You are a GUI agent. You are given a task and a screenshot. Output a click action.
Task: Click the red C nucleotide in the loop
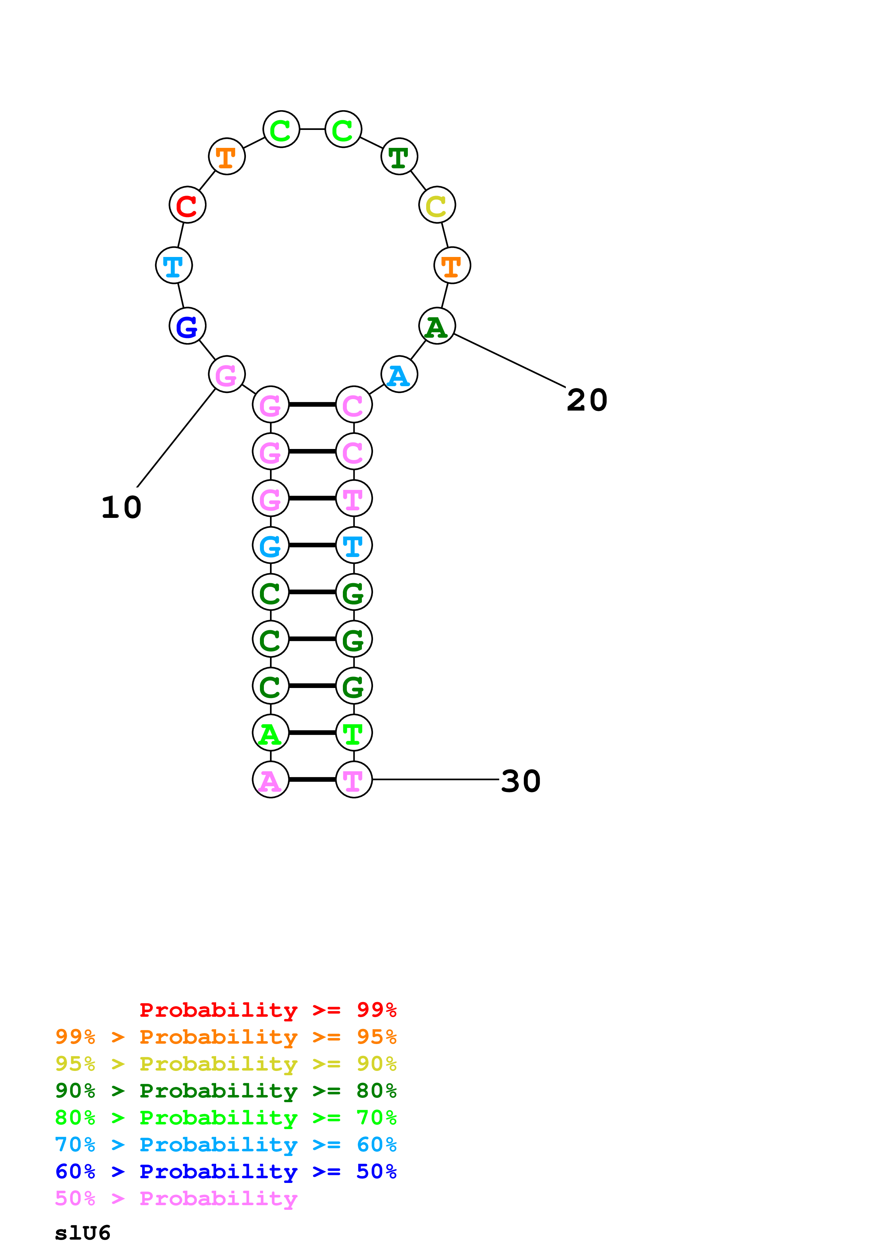[x=187, y=205]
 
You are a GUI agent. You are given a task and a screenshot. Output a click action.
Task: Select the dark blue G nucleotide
[x=187, y=326]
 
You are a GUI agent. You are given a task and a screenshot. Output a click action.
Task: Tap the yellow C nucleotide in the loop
[x=437, y=205]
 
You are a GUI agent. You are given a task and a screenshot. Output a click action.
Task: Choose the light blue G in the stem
[x=270, y=545]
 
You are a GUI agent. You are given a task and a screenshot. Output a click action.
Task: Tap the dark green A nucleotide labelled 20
[x=437, y=326]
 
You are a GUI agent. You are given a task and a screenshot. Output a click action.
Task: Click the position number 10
[x=121, y=507]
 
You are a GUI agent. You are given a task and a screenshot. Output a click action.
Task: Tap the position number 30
[x=521, y=781]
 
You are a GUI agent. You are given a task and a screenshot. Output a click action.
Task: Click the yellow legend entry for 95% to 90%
[x=225, y=1063]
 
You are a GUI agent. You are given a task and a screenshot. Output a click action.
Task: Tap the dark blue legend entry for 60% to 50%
[x=225, y=1171]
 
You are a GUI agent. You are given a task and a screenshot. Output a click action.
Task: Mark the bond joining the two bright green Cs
[x=312, y=130]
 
